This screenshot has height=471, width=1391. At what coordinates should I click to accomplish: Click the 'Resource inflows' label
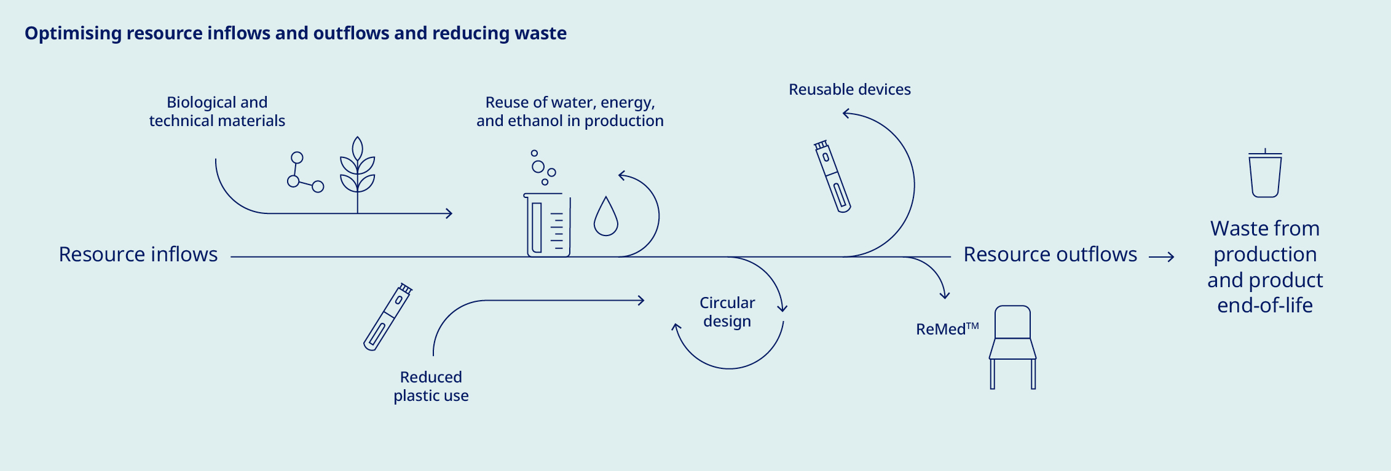(x=138, y=255)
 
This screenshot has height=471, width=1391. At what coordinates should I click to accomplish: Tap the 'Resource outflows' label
(x=1050, y=255)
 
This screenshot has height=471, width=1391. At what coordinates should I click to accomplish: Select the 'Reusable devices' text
(x=849, y=90)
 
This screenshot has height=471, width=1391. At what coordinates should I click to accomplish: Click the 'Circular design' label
(x=727, y=312)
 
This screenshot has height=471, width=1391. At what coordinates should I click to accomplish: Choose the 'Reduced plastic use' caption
(x=431, y=386)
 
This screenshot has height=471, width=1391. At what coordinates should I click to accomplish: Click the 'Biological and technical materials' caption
(x=217, y=111)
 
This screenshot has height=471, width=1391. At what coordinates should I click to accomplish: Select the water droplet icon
(x=605, y=217)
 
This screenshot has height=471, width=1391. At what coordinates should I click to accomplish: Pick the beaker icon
(x=548, y=224)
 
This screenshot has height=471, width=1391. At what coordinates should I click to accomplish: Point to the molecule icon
(x=304, y=173)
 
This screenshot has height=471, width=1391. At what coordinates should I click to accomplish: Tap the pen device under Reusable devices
(x=833, y=176)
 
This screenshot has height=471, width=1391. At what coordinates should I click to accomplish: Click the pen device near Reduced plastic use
(x=388, y=317)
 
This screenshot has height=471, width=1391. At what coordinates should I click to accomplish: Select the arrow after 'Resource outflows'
(x=1162, y=257)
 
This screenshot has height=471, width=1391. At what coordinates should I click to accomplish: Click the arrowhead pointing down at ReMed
(x=945, y=295)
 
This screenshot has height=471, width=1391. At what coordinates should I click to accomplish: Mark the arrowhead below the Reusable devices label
(x=846, y=114)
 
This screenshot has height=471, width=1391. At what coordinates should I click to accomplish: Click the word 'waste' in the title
(x=540, y=33)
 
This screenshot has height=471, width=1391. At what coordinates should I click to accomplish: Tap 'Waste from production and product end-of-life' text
(x=1265, y=267)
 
